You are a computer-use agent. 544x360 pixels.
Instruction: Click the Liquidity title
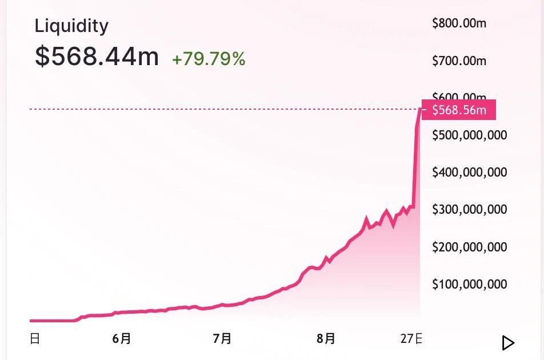[71, 26]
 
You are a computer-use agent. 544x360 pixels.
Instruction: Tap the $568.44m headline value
[97, 57]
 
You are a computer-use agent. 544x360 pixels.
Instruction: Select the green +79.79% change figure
[209, 58]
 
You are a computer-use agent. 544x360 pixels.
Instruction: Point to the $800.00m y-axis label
[459, 23]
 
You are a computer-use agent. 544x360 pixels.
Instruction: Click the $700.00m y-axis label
[459, 61]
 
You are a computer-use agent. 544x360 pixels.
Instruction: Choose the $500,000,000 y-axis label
[469, 135]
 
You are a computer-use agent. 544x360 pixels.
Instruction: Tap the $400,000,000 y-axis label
[469, 172]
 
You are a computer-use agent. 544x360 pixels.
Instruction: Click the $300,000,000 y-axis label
[469, 209]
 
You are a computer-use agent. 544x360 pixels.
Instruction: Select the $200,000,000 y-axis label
[469, 247]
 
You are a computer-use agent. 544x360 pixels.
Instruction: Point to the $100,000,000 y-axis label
[469, 284]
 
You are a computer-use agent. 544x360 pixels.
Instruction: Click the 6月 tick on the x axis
[122, 339]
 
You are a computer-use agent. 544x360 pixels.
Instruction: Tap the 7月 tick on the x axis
[222, 339]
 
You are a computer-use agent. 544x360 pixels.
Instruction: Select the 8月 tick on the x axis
[326, 339]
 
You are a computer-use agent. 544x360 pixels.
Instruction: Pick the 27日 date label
[411, 339]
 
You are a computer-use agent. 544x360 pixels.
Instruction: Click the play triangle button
[508, 342]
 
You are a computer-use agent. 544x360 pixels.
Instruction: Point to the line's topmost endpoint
[421, 109]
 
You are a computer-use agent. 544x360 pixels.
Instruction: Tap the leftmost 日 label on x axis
[35, 339]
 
